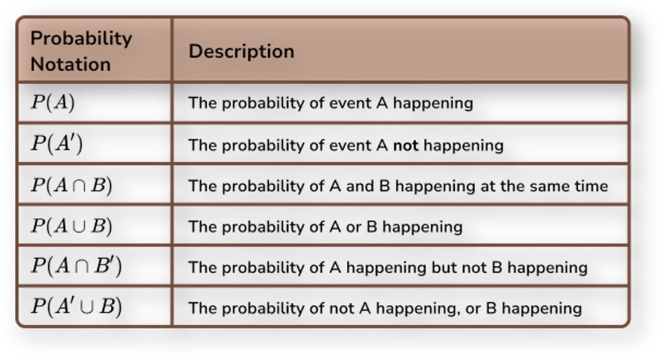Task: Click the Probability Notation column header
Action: [81, 51]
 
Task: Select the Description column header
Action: [241, 51]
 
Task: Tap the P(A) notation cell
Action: [53, 103]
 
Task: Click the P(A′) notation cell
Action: [56, 144]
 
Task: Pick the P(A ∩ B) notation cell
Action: [72, 185]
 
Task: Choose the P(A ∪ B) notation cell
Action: [72, 226]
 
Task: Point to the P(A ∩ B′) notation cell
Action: [76, 267]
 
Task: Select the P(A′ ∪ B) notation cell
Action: [76, 307]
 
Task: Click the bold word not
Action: [406, 145]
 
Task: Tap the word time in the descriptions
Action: [591, 186]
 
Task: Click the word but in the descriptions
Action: [445, 267]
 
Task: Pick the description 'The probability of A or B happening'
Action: [325, 227]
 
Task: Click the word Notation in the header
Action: [70, 64]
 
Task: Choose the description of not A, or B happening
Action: [385, 308]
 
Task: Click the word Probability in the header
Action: [81, 39]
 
